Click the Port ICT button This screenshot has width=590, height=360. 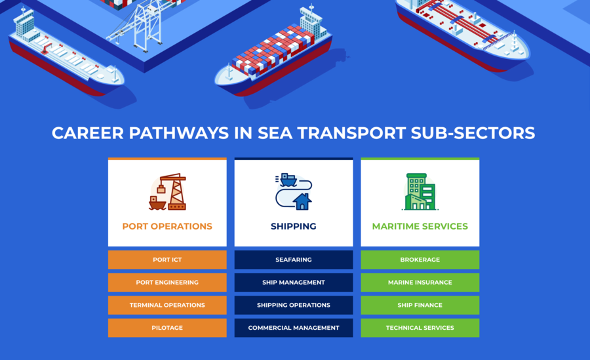click(167, 260)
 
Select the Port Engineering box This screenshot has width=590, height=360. click(167, 283)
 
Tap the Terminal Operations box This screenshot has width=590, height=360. click(167, 305)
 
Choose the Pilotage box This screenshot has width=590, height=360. click(167, 328)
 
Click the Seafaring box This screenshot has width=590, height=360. click(294, 260)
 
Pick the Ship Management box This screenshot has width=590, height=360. click(294, 283)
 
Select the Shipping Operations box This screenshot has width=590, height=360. click(294, 305)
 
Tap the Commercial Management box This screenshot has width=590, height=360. click(294, 328)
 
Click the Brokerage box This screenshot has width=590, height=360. click(420, 260)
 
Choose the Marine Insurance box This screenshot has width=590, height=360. click(420, 283)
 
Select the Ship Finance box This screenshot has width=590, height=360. click(420, 305)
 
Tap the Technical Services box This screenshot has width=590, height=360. click(420, 328)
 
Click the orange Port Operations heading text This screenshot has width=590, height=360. click(167, 226)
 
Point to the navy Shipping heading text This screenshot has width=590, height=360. click(294, 226)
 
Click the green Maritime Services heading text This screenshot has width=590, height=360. click(420, 226)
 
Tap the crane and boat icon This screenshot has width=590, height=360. click(168, 191)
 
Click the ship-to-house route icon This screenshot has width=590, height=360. click(293, 191)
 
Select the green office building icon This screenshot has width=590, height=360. click(419, 191)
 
